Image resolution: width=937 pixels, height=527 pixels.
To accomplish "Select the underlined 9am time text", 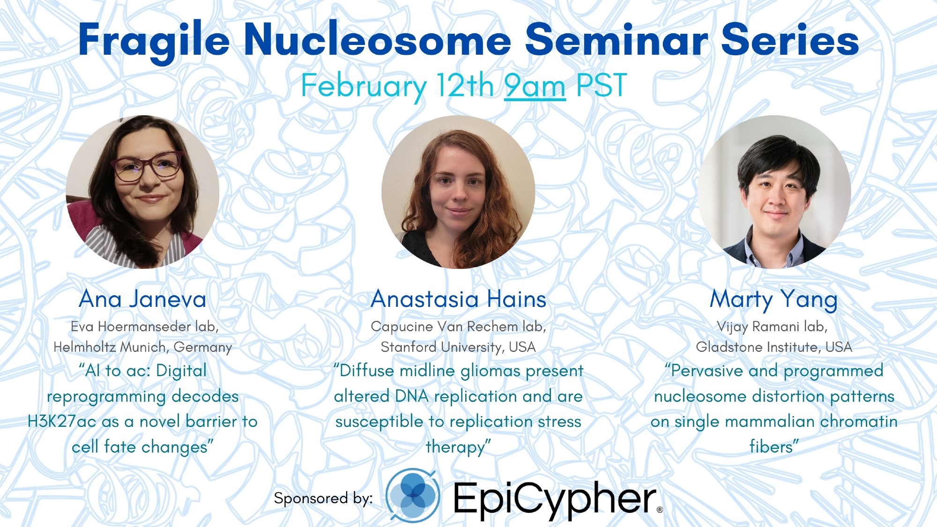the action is [x=535, y=86].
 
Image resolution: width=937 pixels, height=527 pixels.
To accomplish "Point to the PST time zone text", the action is [x=602, y=85].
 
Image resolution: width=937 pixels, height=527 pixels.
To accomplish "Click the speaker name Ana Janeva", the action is [x=143, y=299].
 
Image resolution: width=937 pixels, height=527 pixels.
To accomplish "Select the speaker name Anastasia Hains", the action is [x=459, y=299].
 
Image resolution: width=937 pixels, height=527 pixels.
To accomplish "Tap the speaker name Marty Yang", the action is [x=773, y=300].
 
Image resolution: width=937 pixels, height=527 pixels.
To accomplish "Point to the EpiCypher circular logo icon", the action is [x=413, y=495].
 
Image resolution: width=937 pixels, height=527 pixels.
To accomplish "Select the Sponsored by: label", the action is [x=323, y=498].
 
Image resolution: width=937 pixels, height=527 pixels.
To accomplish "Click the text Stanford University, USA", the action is [x=458, y=347].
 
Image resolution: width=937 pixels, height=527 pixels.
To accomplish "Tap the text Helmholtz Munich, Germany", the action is [x=143, y=347].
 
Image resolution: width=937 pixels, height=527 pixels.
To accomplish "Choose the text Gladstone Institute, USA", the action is [x=774, y=347].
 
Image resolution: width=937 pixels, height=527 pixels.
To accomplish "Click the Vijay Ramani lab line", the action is [x=772, y=327].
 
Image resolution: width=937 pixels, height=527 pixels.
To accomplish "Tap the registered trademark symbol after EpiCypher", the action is [x=660, y=510].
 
